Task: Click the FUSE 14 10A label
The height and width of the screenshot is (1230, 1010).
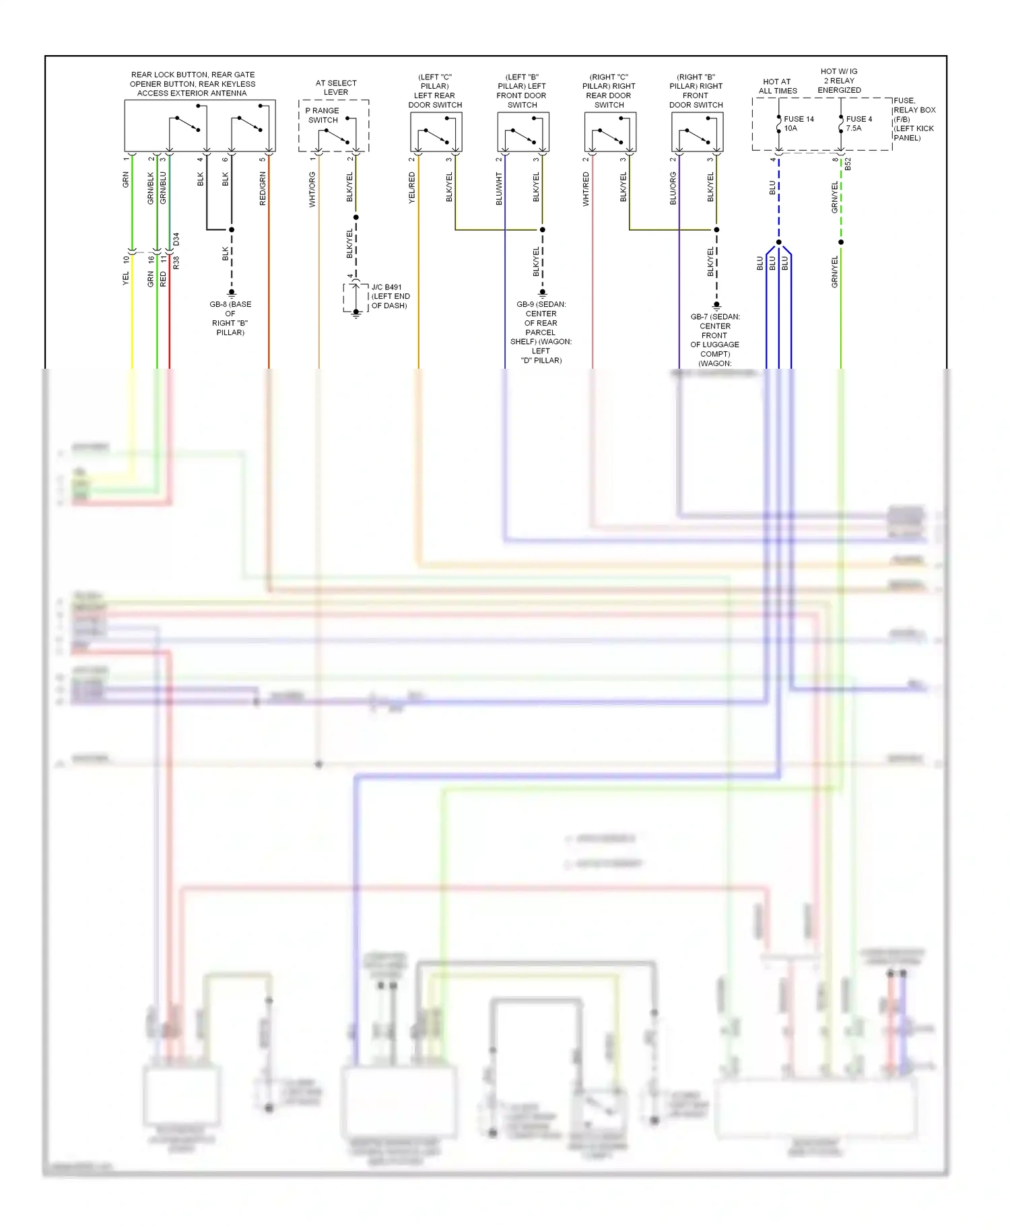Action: [x=798, y=124]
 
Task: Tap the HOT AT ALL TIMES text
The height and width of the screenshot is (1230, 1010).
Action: [x=777, y=86]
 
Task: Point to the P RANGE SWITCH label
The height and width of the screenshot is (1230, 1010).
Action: [x=323, y=115]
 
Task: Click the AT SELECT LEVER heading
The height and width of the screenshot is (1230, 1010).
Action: [x=336, y=87]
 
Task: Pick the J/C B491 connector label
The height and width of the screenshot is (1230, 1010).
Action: [x=390, y=296]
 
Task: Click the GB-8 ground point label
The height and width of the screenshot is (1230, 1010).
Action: [x=230, y=318]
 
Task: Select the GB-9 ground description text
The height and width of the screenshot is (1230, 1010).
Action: [x=541, y=332]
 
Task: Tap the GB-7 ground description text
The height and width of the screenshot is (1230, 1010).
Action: [x=714, y=340]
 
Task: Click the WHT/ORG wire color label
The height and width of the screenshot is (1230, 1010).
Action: [x=312, y=189]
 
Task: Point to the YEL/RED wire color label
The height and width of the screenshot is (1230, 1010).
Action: [x=412, y=188]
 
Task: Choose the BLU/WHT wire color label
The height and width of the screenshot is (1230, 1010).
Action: [x=499, y=188]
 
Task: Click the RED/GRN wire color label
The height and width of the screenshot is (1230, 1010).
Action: [x=263, y=188]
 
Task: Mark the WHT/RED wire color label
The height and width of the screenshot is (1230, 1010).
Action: [x=586, y=188]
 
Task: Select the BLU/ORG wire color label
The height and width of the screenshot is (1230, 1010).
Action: [x=673, y=188]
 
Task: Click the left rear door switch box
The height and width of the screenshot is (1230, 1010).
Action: [x=436, y=132]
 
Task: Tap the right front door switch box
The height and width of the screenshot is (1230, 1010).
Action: [x=697, y=132]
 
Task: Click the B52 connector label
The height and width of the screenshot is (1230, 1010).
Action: [x=848, y=164]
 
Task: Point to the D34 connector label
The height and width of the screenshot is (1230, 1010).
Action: [x=176, y=239]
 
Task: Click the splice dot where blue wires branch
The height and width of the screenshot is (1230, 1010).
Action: [x=778, y=242]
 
